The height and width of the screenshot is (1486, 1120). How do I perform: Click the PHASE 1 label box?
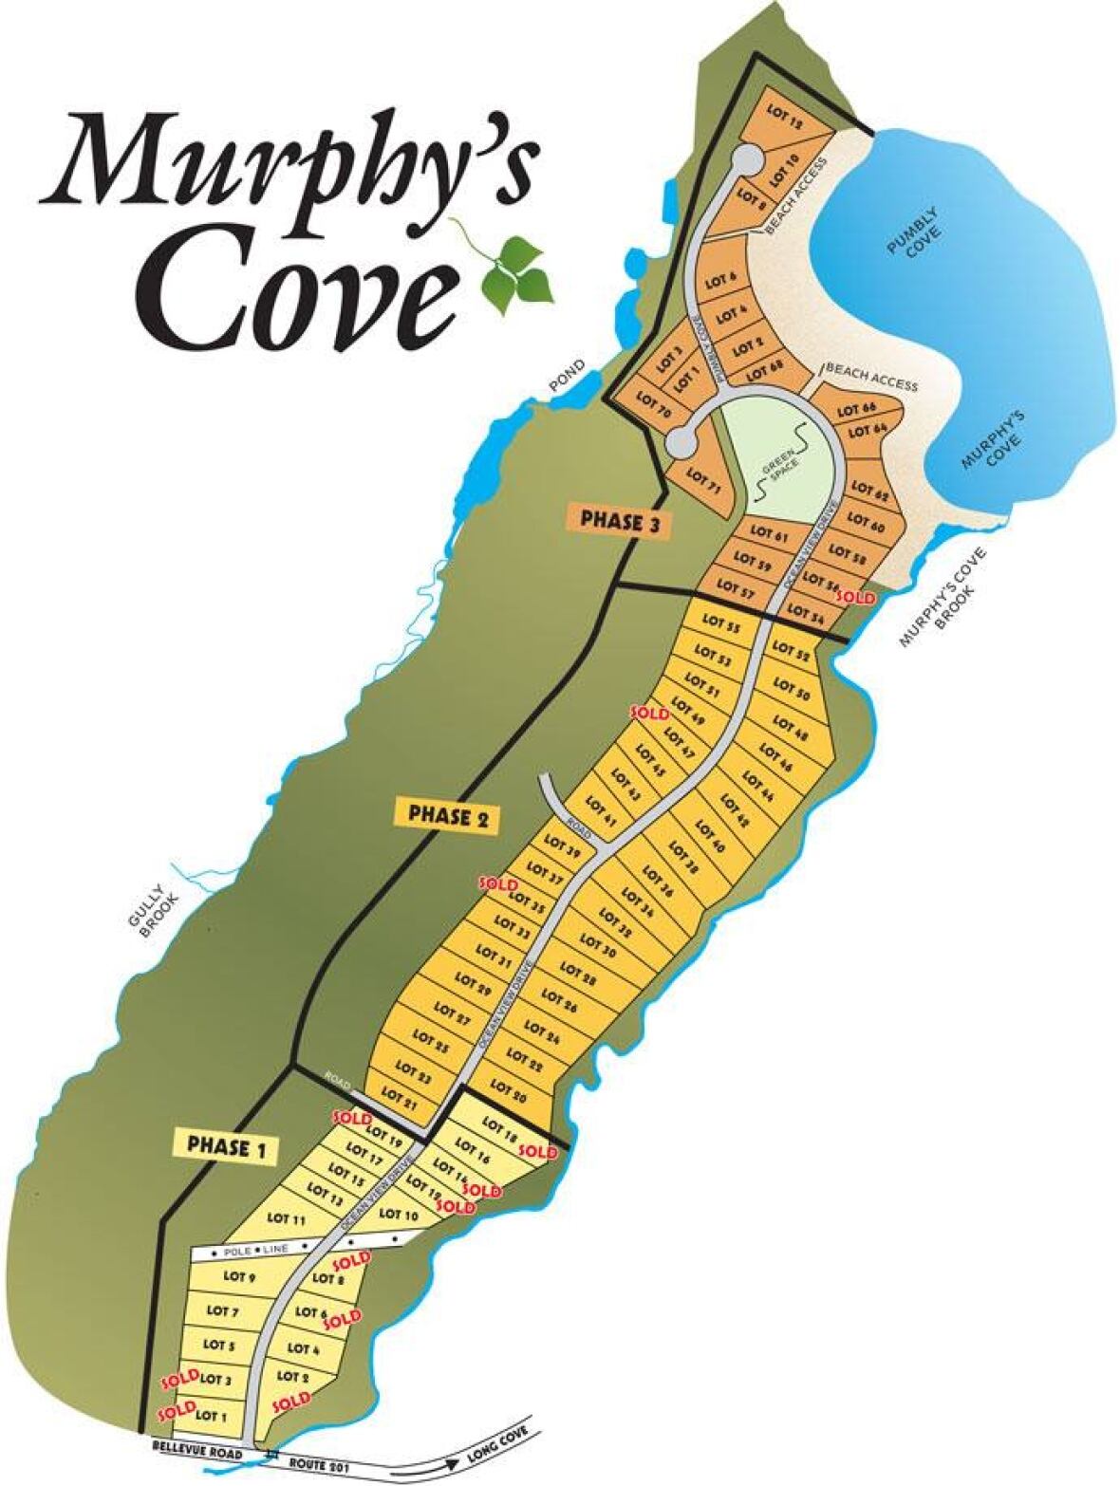tap(225, 1146)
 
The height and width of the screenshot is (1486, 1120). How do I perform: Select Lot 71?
tap(703, 476)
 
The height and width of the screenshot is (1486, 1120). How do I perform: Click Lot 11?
tap(286, 1218)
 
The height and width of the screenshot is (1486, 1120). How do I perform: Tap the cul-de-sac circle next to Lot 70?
tap(680, 441)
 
